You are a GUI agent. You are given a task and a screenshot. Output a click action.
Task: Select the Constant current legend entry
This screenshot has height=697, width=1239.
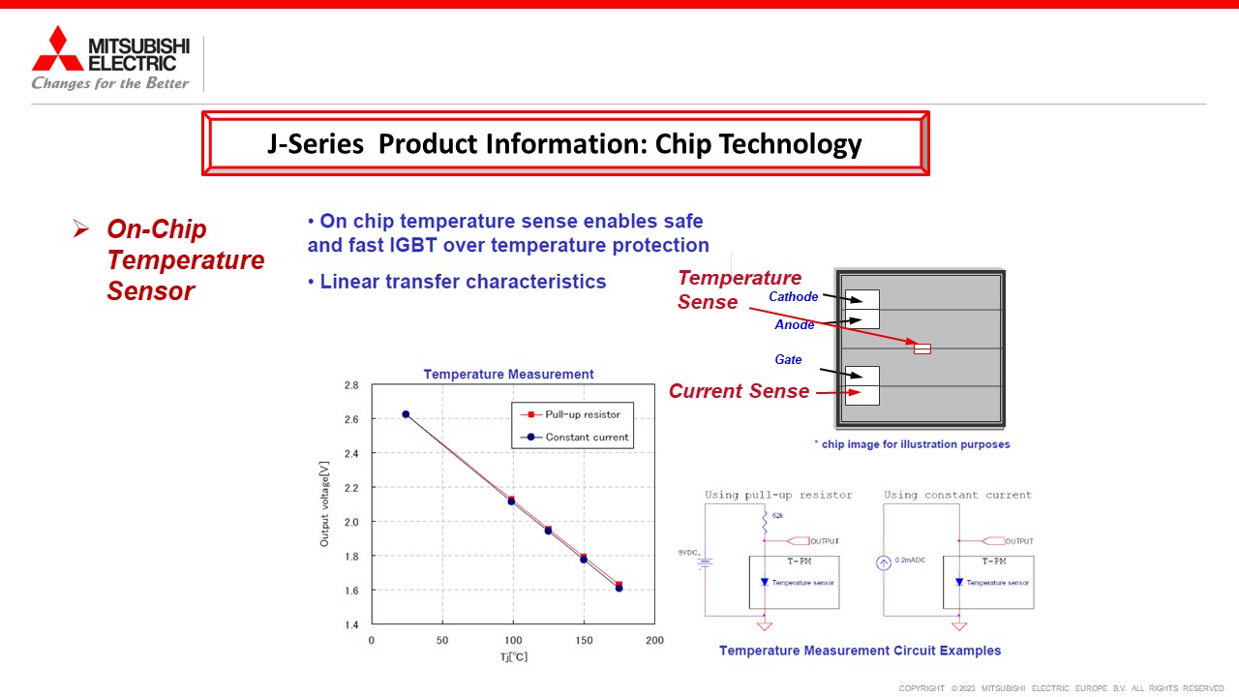[574, 437]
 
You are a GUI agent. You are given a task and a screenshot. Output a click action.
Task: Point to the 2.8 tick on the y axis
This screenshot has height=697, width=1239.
[351, 385]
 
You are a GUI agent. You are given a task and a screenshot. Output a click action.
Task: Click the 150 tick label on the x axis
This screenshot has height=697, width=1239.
[584, 640]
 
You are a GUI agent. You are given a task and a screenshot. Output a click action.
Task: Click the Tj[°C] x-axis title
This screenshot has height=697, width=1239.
[514, 656]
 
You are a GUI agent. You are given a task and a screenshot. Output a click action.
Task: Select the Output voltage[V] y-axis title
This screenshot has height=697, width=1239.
[324, 504]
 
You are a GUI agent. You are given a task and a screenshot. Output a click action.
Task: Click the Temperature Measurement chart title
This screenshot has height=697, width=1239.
[508, 374]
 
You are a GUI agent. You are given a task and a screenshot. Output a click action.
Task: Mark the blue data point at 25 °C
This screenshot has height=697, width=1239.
[406, 414]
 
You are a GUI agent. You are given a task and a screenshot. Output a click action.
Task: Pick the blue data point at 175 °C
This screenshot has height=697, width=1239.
[619, 588]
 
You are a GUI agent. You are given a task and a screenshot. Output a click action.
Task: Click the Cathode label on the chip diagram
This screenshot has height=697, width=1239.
[793, 296]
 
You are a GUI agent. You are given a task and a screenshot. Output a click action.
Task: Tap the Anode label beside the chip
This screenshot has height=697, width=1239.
[795, 324]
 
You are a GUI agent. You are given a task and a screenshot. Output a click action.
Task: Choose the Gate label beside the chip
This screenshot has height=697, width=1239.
[788, 359]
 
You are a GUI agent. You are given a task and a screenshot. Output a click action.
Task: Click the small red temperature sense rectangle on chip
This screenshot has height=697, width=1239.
[922, 348]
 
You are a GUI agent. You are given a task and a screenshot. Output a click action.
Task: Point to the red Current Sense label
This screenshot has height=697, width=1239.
[739, 391]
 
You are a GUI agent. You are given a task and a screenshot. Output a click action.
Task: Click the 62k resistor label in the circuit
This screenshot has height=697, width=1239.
[777, 516]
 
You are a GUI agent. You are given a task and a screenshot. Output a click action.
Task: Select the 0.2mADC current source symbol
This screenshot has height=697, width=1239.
[884, 563]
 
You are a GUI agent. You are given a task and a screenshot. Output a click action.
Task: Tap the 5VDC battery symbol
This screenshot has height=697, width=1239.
[705, 563]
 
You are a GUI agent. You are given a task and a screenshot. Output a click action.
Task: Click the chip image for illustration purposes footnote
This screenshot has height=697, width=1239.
[912, 444]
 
